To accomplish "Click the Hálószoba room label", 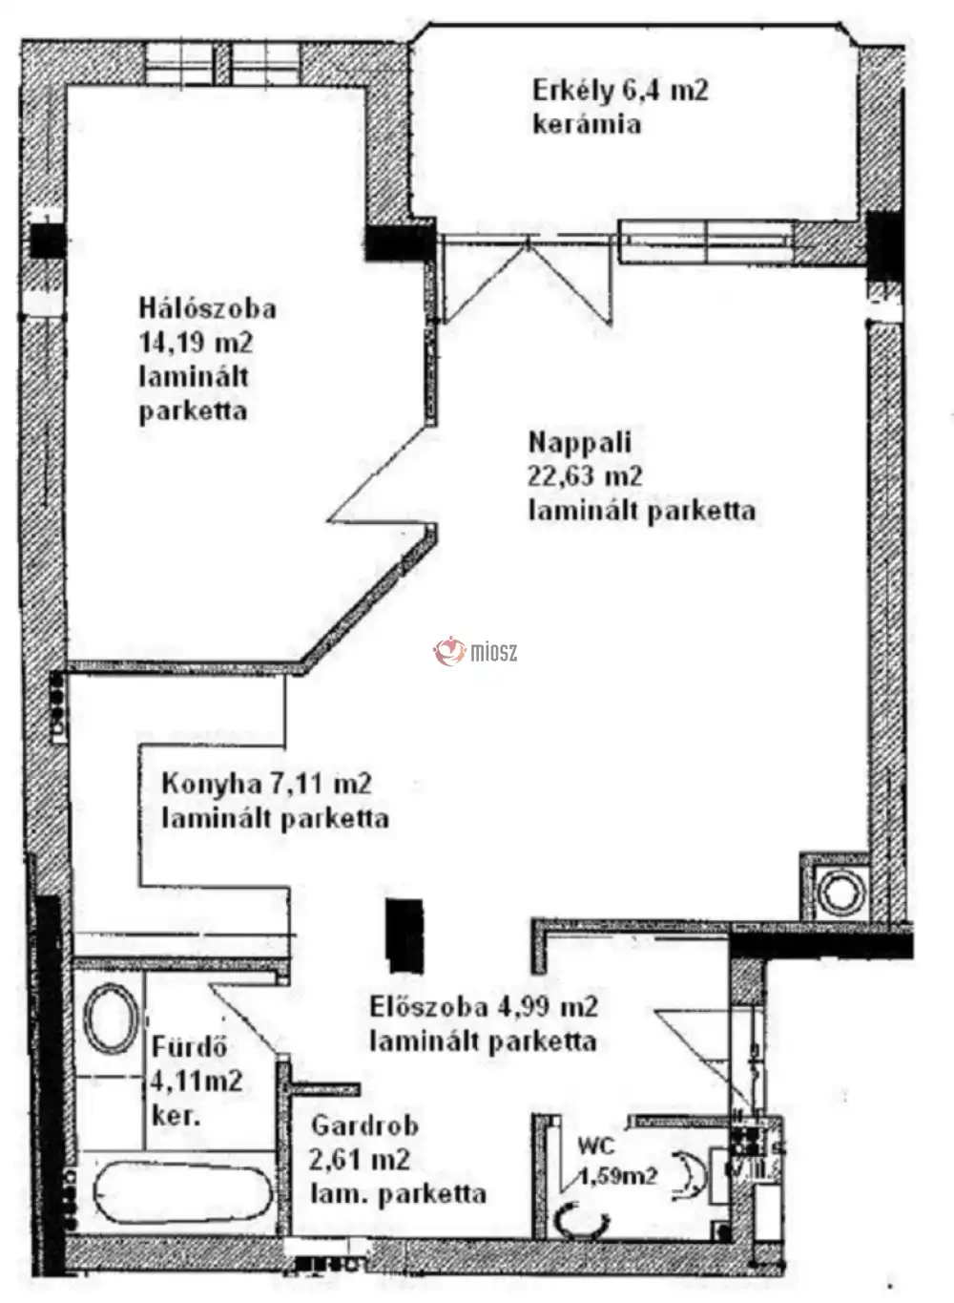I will (207, 308).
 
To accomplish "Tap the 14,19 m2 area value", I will (196, 343).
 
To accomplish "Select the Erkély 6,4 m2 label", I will (620, 92).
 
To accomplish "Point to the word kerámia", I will (586, 125).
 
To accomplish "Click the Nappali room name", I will (580, 443).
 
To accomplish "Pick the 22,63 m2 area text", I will (585, 476).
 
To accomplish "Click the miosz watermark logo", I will (476, 652).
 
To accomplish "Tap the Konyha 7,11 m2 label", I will (266, 785).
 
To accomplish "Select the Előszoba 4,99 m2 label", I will (483, 1006).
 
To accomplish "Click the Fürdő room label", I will (189, 1047).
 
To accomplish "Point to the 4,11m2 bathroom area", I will (197, 1082).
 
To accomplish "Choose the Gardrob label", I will (364, 1126).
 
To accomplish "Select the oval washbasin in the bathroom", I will (109, 1019).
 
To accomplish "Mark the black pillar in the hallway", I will (404, 933).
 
